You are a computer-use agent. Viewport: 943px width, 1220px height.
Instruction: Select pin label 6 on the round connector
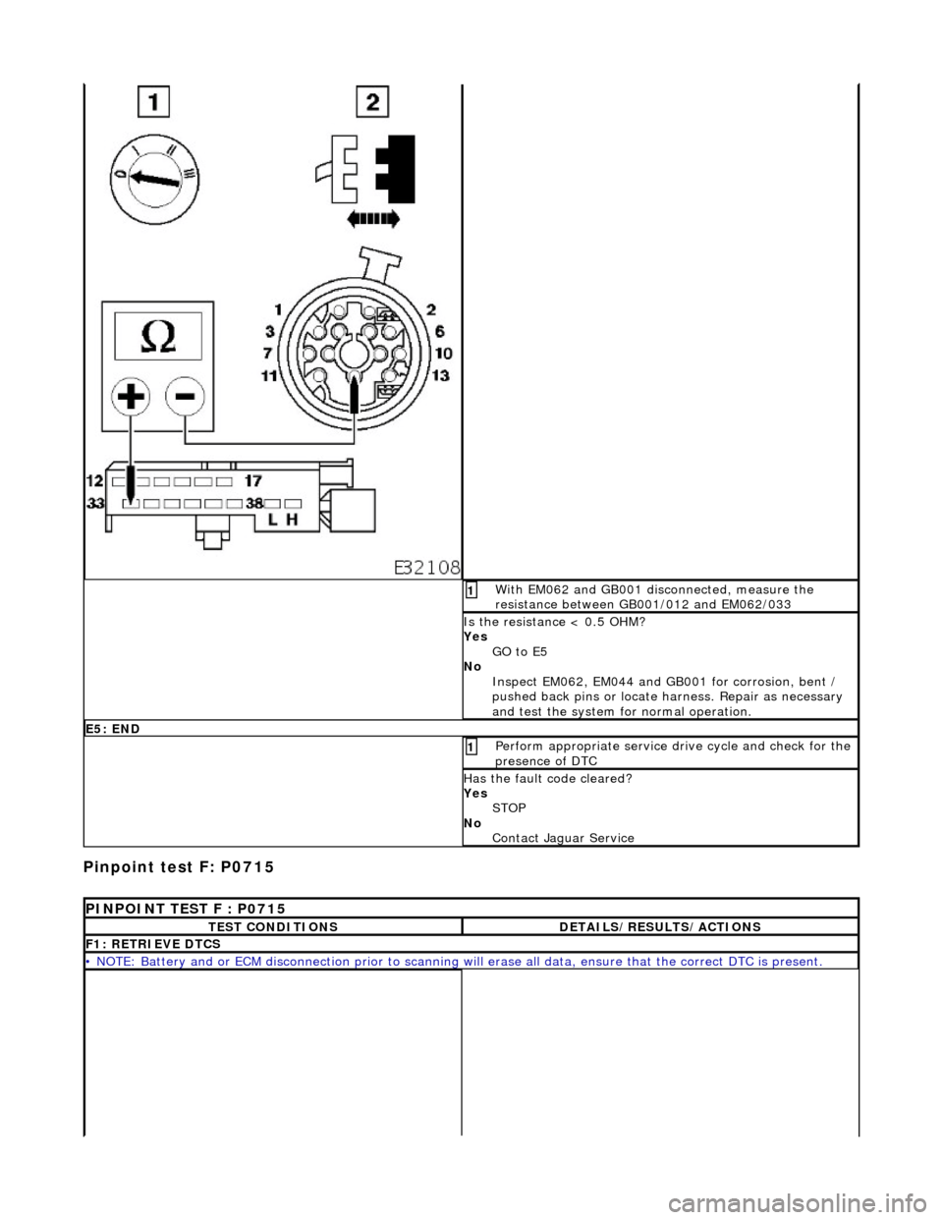click(441, 331)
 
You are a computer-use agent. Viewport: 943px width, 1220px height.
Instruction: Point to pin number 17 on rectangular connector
click(252, 481)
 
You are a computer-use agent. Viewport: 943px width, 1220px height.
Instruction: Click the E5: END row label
click(112, 728)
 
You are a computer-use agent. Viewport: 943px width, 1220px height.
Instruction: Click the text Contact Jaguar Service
click(563, 838)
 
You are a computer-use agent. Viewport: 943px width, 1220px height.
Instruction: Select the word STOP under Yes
click(509, 807)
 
